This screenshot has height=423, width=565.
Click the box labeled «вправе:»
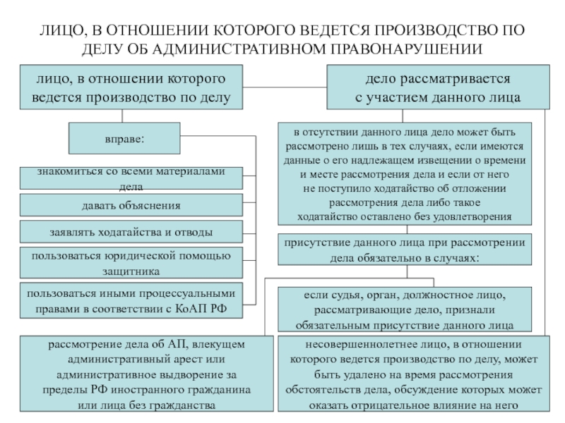[x=124, y=138]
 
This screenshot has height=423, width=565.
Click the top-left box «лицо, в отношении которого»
[x=131, y=87]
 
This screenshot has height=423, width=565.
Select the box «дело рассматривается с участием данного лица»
[x=437, y=87]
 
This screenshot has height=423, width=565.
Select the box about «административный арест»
[x=146, y=374]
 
